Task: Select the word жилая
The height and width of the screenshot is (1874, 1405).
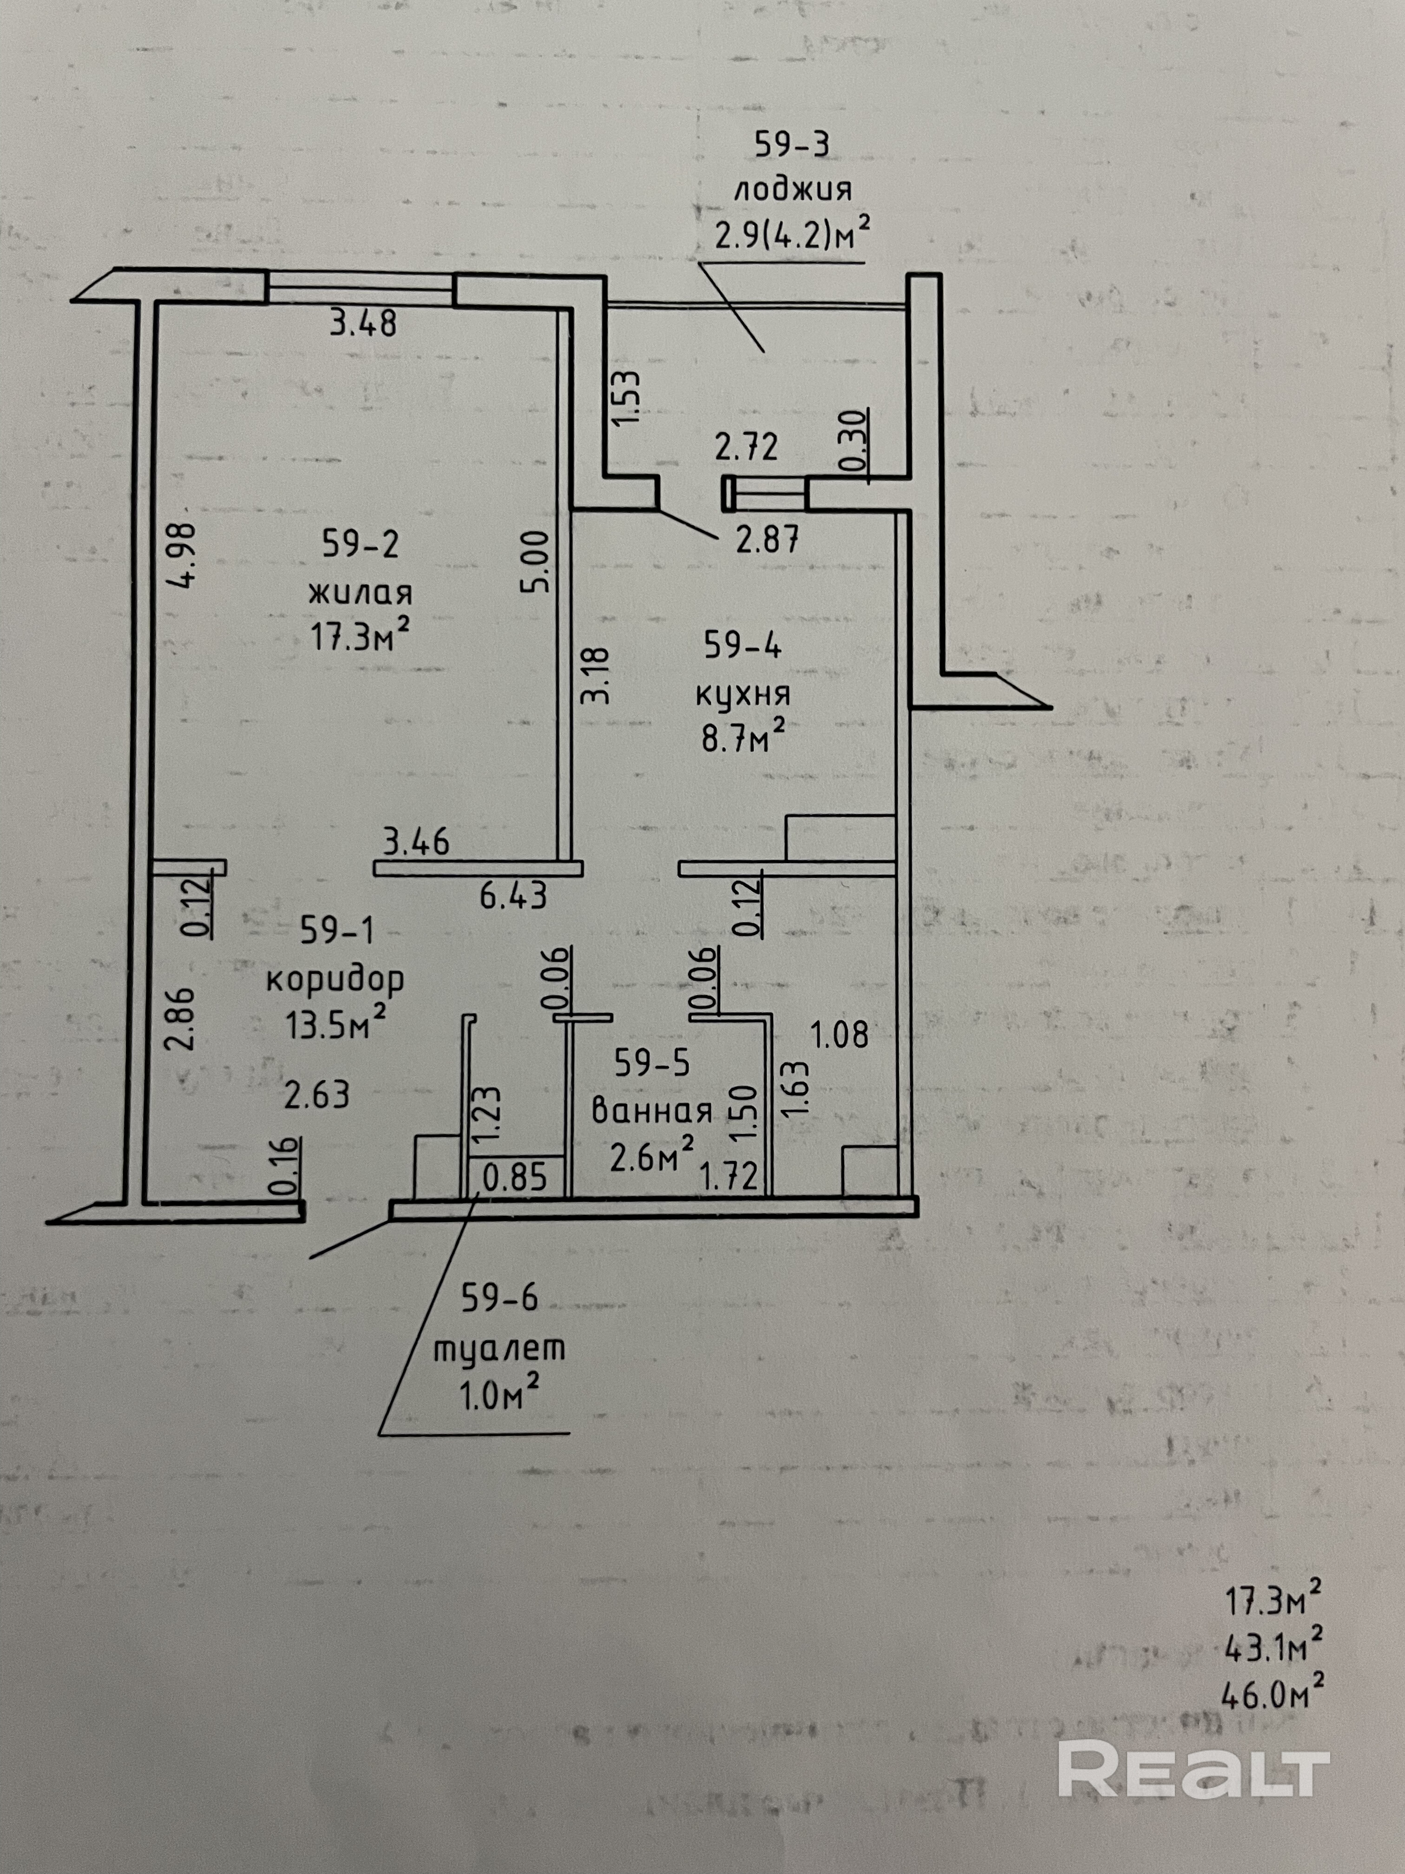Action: (360, 590)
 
